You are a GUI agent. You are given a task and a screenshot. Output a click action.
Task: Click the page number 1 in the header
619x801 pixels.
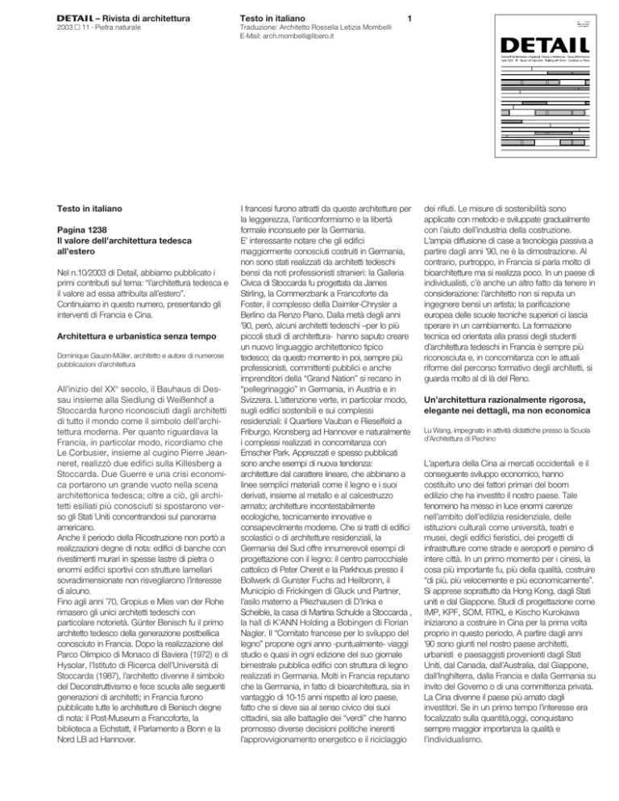click(x=413, y=17)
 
